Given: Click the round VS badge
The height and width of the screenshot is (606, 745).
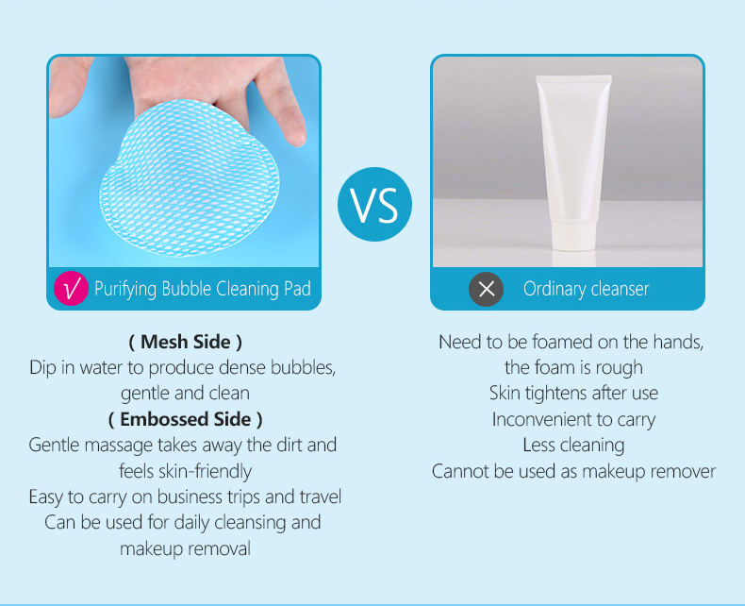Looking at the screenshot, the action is (374, 204).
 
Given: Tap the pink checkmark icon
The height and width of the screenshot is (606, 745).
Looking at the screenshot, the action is (72, 288).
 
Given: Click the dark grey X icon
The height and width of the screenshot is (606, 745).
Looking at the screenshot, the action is (486, 289).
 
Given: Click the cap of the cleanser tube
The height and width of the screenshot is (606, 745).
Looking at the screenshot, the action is (572, 235).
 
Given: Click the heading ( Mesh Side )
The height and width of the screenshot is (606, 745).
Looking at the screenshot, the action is (185, 342).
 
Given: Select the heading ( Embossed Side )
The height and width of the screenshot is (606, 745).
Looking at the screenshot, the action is (185, 419).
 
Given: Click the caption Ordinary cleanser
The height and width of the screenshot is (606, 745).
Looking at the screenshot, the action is (586, 289).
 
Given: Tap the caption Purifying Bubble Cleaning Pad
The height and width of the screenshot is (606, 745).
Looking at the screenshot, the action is (203, 289).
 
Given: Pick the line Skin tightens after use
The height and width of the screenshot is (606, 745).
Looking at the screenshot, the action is (573, 394).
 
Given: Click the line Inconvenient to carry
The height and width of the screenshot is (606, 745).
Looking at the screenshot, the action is (573, 419).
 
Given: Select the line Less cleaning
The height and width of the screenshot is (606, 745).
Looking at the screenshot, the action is (573, 446).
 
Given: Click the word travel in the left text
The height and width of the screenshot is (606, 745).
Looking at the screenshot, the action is (321, 497).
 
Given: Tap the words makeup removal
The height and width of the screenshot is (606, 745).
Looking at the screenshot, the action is (185, 549).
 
